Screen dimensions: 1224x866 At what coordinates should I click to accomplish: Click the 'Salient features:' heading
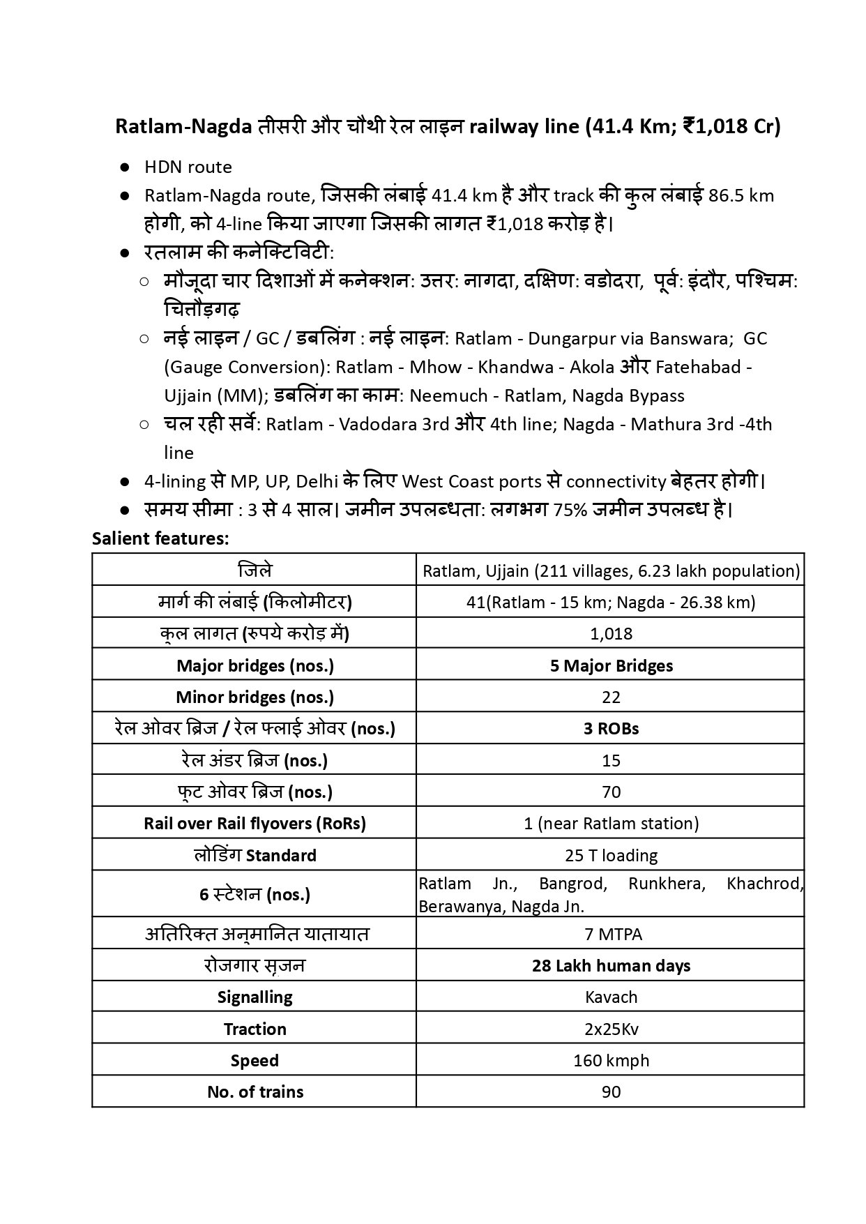160,538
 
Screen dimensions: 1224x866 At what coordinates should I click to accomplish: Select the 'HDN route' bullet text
188,167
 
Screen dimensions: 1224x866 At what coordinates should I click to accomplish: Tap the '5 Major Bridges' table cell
611,665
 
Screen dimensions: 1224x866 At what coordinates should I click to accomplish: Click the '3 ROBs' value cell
611,728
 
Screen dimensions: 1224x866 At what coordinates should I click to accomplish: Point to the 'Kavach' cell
611,997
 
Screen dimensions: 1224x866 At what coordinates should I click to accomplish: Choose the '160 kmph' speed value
611,1060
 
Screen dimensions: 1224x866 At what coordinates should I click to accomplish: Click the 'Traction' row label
255,1029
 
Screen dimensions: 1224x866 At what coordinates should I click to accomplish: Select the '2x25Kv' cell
611,1029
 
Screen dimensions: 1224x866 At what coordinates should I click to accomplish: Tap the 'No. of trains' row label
255,1091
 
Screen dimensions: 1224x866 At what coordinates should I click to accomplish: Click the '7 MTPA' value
611,933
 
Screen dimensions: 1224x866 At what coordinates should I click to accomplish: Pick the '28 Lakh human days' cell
611,965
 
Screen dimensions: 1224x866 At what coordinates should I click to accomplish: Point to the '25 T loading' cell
611,855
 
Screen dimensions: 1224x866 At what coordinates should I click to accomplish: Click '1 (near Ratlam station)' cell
611,823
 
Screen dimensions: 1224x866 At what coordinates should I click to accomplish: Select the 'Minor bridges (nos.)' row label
255,697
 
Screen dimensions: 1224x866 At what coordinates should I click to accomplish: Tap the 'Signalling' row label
255,997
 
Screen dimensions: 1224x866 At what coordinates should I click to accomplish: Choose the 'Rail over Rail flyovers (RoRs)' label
255,823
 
